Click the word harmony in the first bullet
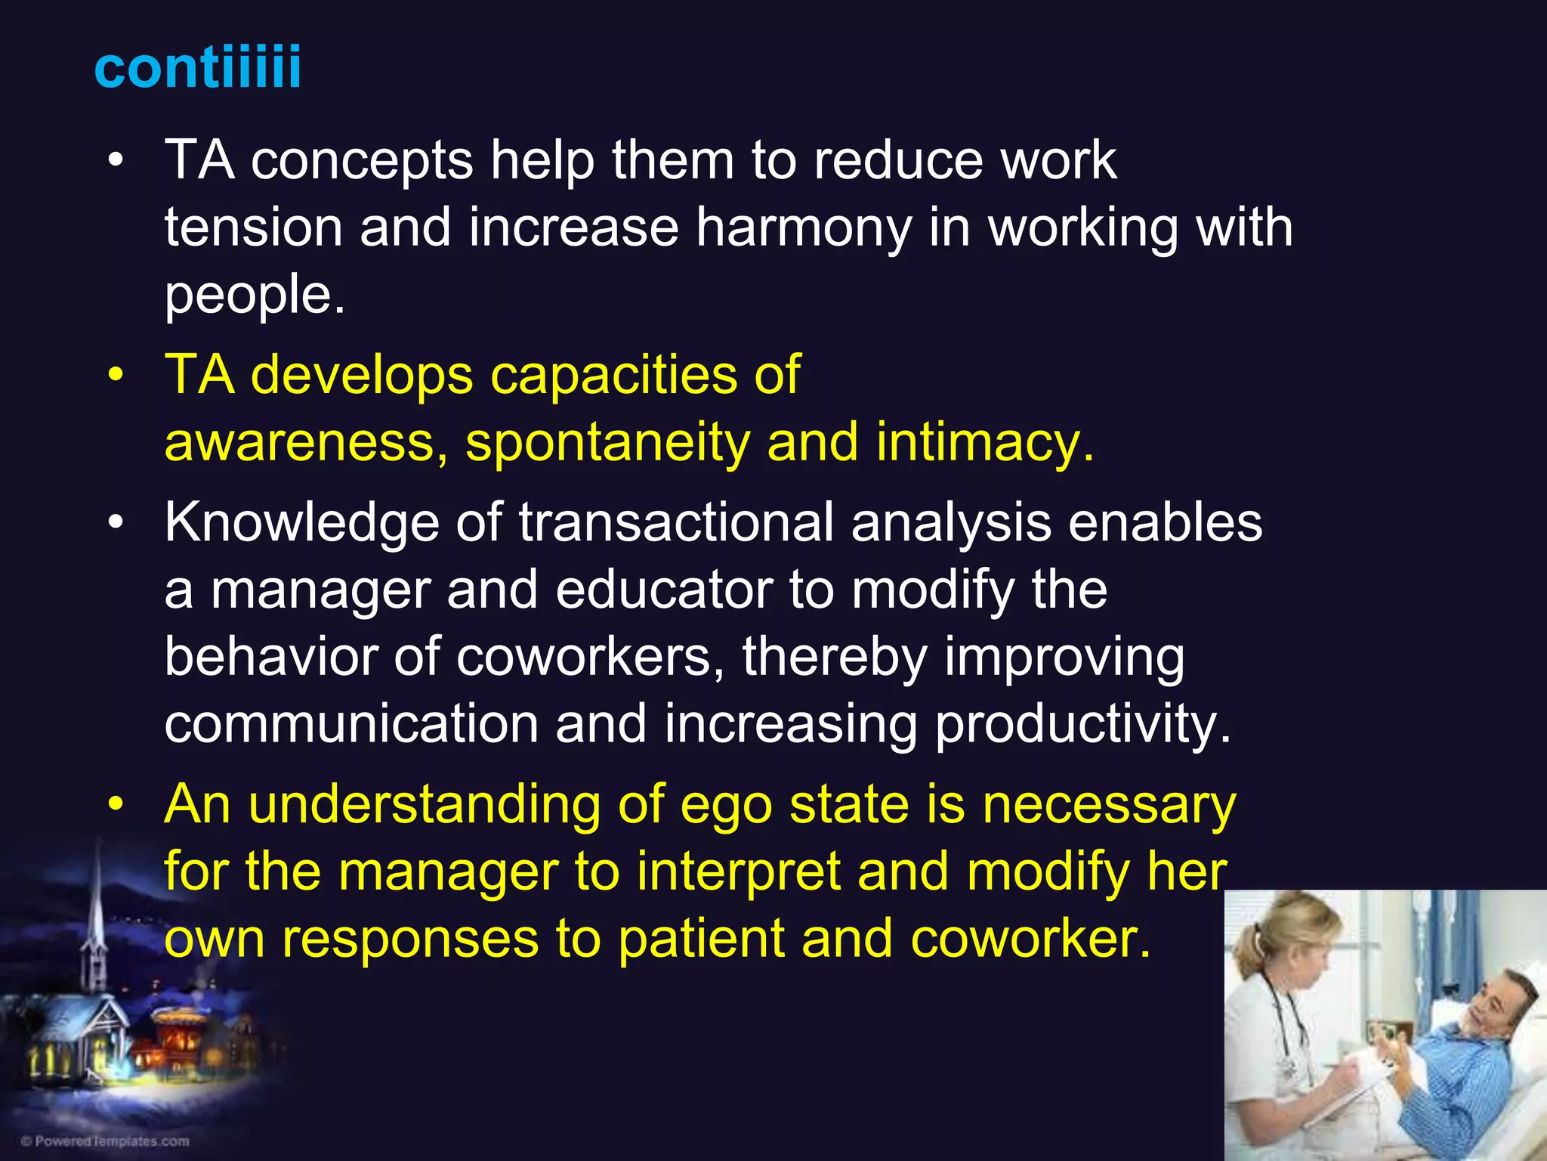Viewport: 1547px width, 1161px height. coord(804,228)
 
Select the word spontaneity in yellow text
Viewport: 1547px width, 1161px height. coord(607,442)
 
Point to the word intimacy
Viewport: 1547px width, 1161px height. coord(984,442)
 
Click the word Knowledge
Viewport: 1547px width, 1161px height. coord(301,523)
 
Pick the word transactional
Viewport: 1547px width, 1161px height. coord(676,523)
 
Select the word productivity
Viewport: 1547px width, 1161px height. coord(1082,724)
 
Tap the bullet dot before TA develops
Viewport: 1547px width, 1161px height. coord(115,376)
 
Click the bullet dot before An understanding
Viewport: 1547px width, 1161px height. coord(115,805)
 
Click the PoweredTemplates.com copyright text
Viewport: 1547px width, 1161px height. coord(106,1141)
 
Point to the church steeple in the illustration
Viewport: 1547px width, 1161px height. coord(97,907)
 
